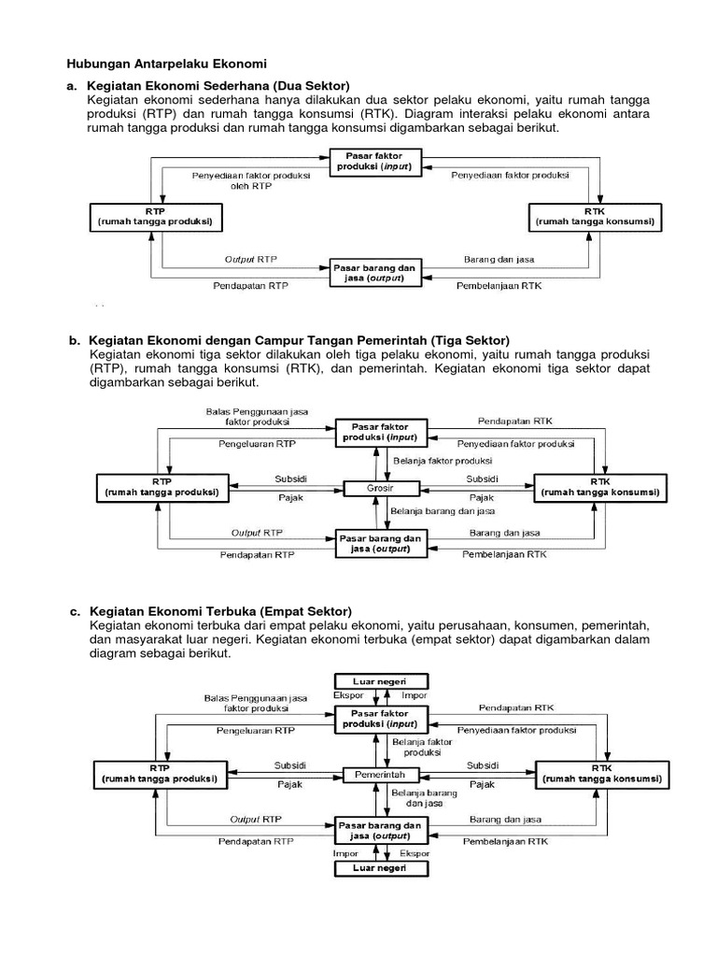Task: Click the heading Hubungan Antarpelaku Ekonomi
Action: point(166,64)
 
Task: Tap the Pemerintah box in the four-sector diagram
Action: point(380,776)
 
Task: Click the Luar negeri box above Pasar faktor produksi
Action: point(380,681)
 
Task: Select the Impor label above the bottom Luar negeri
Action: point(345,853)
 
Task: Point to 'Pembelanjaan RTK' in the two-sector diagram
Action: point(499,285)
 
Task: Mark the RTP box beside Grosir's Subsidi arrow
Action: point(161,487)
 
